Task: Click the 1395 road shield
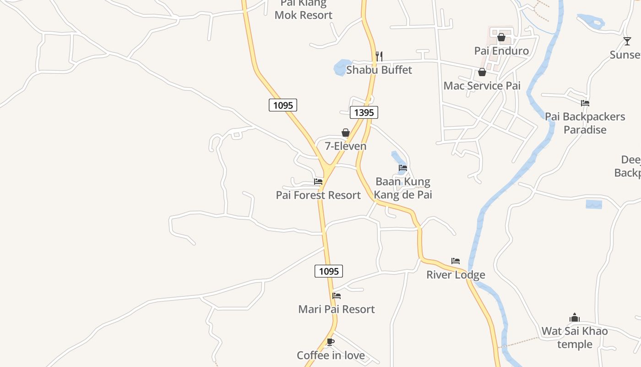(x=364, y=112)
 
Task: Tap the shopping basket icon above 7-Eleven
(x=346, y=133)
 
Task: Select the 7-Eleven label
(x=346, y=146)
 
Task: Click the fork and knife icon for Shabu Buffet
(x=379, y=56)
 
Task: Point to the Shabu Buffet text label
(x=379, y=70)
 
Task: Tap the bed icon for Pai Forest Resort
(x=318, y=182)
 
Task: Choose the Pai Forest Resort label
(x=318, y=195)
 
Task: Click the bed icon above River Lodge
(x=456, y=261)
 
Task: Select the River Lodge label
(x=456, y=275)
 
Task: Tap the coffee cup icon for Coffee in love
(x=331, y=342)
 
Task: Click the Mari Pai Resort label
(x=337, y=309)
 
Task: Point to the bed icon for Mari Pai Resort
(x=337, y=296)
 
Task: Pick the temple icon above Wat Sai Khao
(x=575, y=317)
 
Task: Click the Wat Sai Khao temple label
(x=575, y=337)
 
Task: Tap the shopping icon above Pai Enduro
(x=501, y=37)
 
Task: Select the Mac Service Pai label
(x=482, y=86)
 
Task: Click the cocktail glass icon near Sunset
(x=627, y=41)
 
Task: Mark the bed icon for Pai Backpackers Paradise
(x=585, y=103)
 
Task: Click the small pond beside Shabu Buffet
(x=342, y=67)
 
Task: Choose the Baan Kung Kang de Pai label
(x=403, y=188)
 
